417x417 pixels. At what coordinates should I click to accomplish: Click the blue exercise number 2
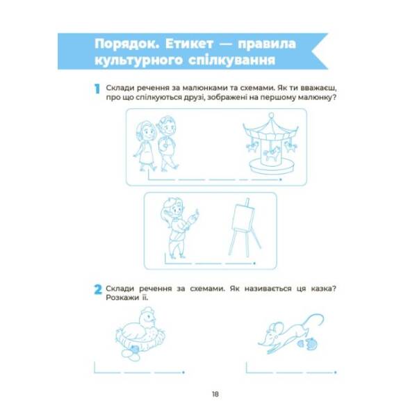click(97, 288)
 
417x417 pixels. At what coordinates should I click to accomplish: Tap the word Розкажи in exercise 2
click(122, 300)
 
